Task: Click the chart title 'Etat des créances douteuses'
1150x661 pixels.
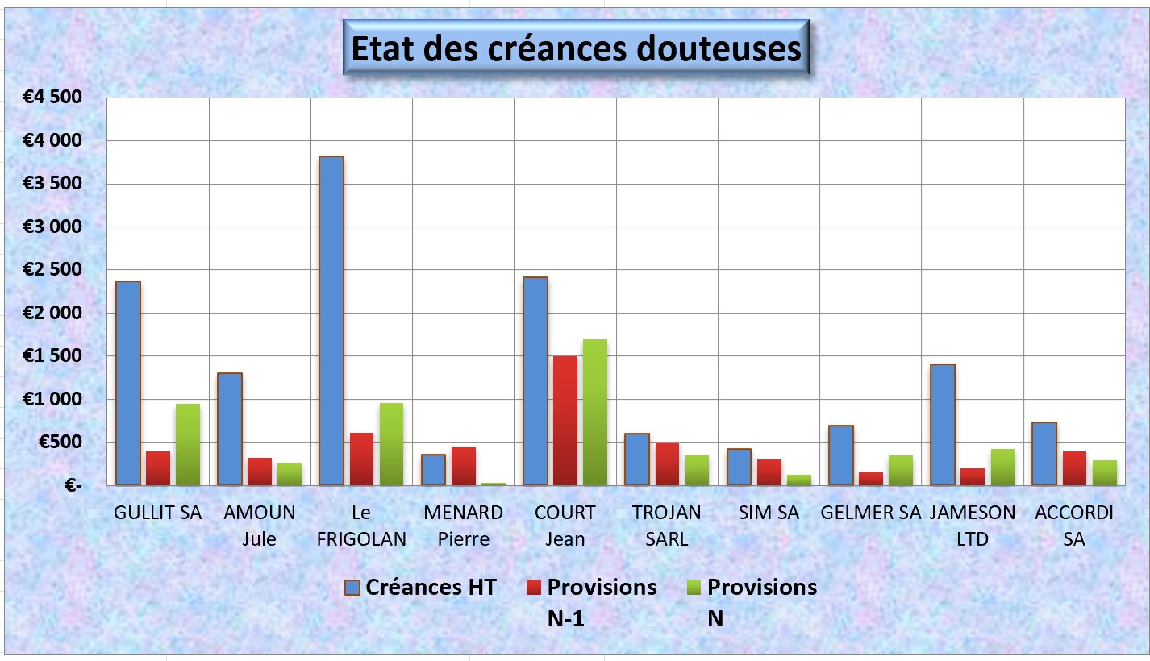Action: pyautogui.click(x=577, y=48)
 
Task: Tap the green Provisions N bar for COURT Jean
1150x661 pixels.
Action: pyautogui.click(x=595, y=413)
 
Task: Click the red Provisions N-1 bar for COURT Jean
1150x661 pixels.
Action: pyautogui.click(x=565, y=421)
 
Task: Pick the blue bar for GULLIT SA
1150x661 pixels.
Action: pyautogui.click(x=128, y=383)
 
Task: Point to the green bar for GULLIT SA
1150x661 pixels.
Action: pyautogui.click(x=188, y=444)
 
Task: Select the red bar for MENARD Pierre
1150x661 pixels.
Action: pyautogui.click(x=464, y=466)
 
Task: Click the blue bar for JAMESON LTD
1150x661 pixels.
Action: pyautogui.click(x=942, y=425)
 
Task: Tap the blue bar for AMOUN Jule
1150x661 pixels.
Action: pyautogui.click(x=230, y=429)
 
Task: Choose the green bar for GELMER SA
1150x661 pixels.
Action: pyautogui.click(x=901, y=471)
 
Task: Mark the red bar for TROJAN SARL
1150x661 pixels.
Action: pyautogui.click(x=667, y=464)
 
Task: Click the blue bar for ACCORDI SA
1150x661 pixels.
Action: pyautogui.click(x=1044, y=454)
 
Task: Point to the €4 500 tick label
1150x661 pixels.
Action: pyautogui.click(x=52, y=98)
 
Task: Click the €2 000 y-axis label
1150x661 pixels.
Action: pyautogui.click(x=52, y=313)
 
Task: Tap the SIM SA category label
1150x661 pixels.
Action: pyautogui.click(x=769, y=513)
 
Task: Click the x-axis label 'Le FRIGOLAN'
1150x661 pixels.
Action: pyautogui.click(x=361, y=526)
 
